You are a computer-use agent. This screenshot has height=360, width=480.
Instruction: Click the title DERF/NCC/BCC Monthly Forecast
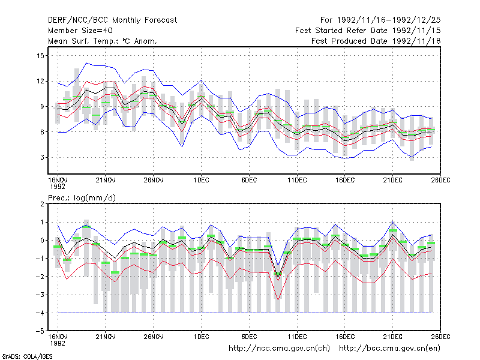[112, 20]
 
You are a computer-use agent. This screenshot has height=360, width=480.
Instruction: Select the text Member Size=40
[80, 31]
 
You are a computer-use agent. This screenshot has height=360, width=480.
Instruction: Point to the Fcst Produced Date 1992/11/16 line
[376, 41]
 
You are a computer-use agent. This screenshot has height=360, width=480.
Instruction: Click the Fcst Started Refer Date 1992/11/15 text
[368, 31]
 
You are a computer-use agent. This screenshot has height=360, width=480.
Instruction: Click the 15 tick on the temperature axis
[40, 56]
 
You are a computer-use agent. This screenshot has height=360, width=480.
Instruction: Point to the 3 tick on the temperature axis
[42, 157]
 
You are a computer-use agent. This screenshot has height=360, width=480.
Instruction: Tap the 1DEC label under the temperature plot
[201, 180]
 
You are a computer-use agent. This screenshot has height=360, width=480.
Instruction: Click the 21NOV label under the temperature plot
[106, 180]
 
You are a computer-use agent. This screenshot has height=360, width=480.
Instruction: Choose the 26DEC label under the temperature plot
[440, 180]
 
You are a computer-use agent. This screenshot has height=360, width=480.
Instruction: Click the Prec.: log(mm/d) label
[82, 198]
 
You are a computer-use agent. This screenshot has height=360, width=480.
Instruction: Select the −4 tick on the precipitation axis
[40, 313]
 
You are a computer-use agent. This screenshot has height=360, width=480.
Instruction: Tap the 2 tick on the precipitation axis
[42, 204]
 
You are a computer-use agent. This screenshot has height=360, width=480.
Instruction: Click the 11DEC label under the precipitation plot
[297, 337]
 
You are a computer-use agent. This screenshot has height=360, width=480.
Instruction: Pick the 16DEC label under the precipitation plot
[344, 337]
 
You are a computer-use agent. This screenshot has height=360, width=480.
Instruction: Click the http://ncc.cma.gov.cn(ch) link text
[279, 349]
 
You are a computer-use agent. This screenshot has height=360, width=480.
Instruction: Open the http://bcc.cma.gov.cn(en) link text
[389, 349]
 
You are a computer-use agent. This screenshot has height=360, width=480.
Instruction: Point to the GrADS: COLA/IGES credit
[27, 356]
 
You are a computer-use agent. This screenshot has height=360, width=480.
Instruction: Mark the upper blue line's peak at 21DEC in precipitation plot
[393, 222]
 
